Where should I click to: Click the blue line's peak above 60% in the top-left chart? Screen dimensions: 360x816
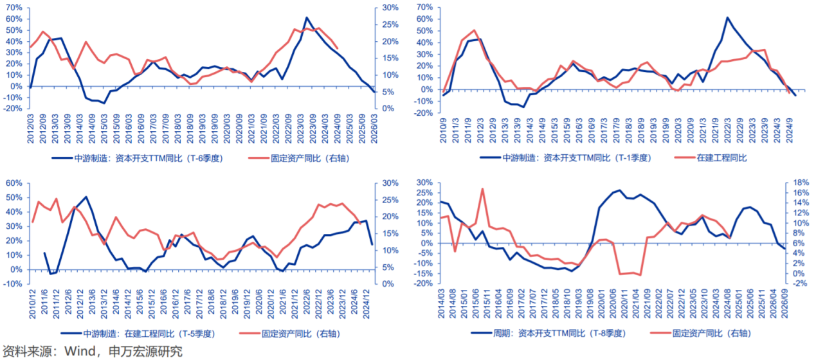(x=307, y=18)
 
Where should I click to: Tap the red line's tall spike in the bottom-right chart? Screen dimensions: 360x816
(x=482, y=189)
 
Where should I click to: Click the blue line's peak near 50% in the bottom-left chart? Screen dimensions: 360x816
(x=86, y=197)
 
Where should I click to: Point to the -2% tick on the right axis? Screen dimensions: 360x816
(x=797, y=283)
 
